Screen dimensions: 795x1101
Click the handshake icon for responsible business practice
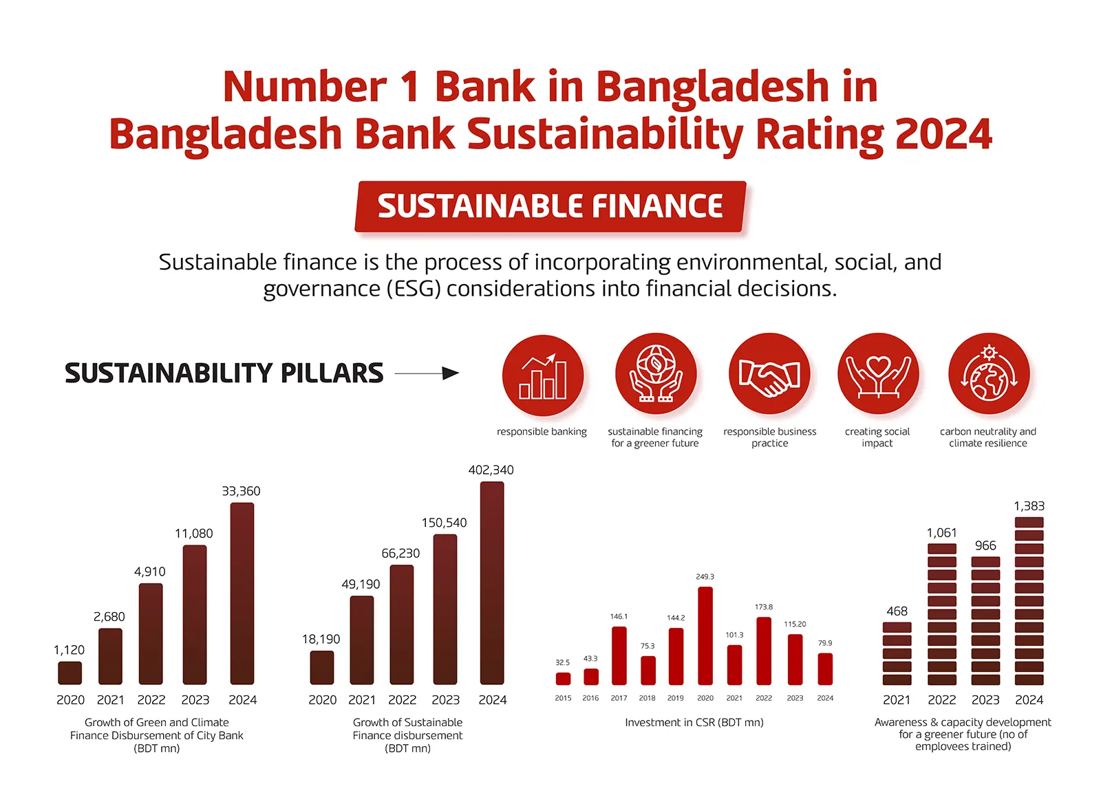coord(769,375)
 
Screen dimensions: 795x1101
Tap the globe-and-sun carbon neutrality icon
coord(989,375)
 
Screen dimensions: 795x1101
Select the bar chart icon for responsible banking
coord(543,375)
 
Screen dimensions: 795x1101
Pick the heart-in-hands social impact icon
coord(878,375)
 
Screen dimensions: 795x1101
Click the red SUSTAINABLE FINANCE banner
coord(550,206)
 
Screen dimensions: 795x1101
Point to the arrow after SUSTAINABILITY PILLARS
coord(427,373)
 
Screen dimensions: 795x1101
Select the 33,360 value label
coord(241,491)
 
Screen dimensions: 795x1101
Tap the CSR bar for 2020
coord(705,636)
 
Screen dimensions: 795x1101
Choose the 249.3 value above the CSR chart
coord(705,577)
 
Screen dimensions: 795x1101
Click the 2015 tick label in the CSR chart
coord(563,698)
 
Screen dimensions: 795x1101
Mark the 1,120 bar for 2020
coord(70,673)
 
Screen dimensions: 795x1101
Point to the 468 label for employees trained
coord(897,611)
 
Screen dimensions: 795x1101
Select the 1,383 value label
coord(1029,506)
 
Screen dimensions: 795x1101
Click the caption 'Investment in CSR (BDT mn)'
coord(694,723)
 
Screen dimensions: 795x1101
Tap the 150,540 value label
coord(444,523)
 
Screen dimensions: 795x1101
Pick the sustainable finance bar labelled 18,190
coord(322,668)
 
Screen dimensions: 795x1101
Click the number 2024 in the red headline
coord(943,134)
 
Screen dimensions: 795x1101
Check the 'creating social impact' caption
coord(877,437)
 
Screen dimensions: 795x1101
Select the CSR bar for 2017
coord(619,656)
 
